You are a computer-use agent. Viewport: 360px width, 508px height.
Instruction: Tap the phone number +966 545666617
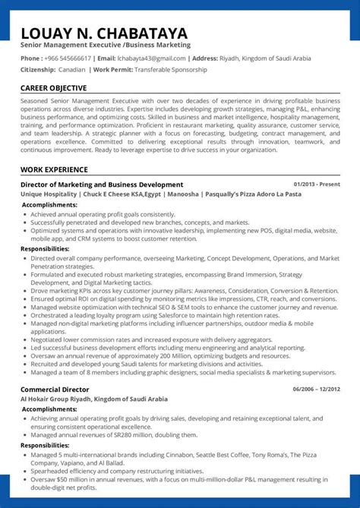click(68, 58)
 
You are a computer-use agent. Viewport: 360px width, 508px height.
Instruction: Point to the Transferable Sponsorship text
click(170, 69)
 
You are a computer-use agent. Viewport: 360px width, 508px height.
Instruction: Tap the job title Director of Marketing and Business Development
click(102, 185)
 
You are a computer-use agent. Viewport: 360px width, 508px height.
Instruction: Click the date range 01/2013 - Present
click(316, 185)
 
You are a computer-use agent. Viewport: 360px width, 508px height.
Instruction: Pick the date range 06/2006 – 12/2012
click(315, 389)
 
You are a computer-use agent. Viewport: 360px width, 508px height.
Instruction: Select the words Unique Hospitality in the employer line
click(49, 194)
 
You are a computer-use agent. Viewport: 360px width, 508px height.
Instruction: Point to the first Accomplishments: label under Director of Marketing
click(49, 204)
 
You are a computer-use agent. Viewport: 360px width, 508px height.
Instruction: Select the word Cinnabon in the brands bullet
click(175, 454)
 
